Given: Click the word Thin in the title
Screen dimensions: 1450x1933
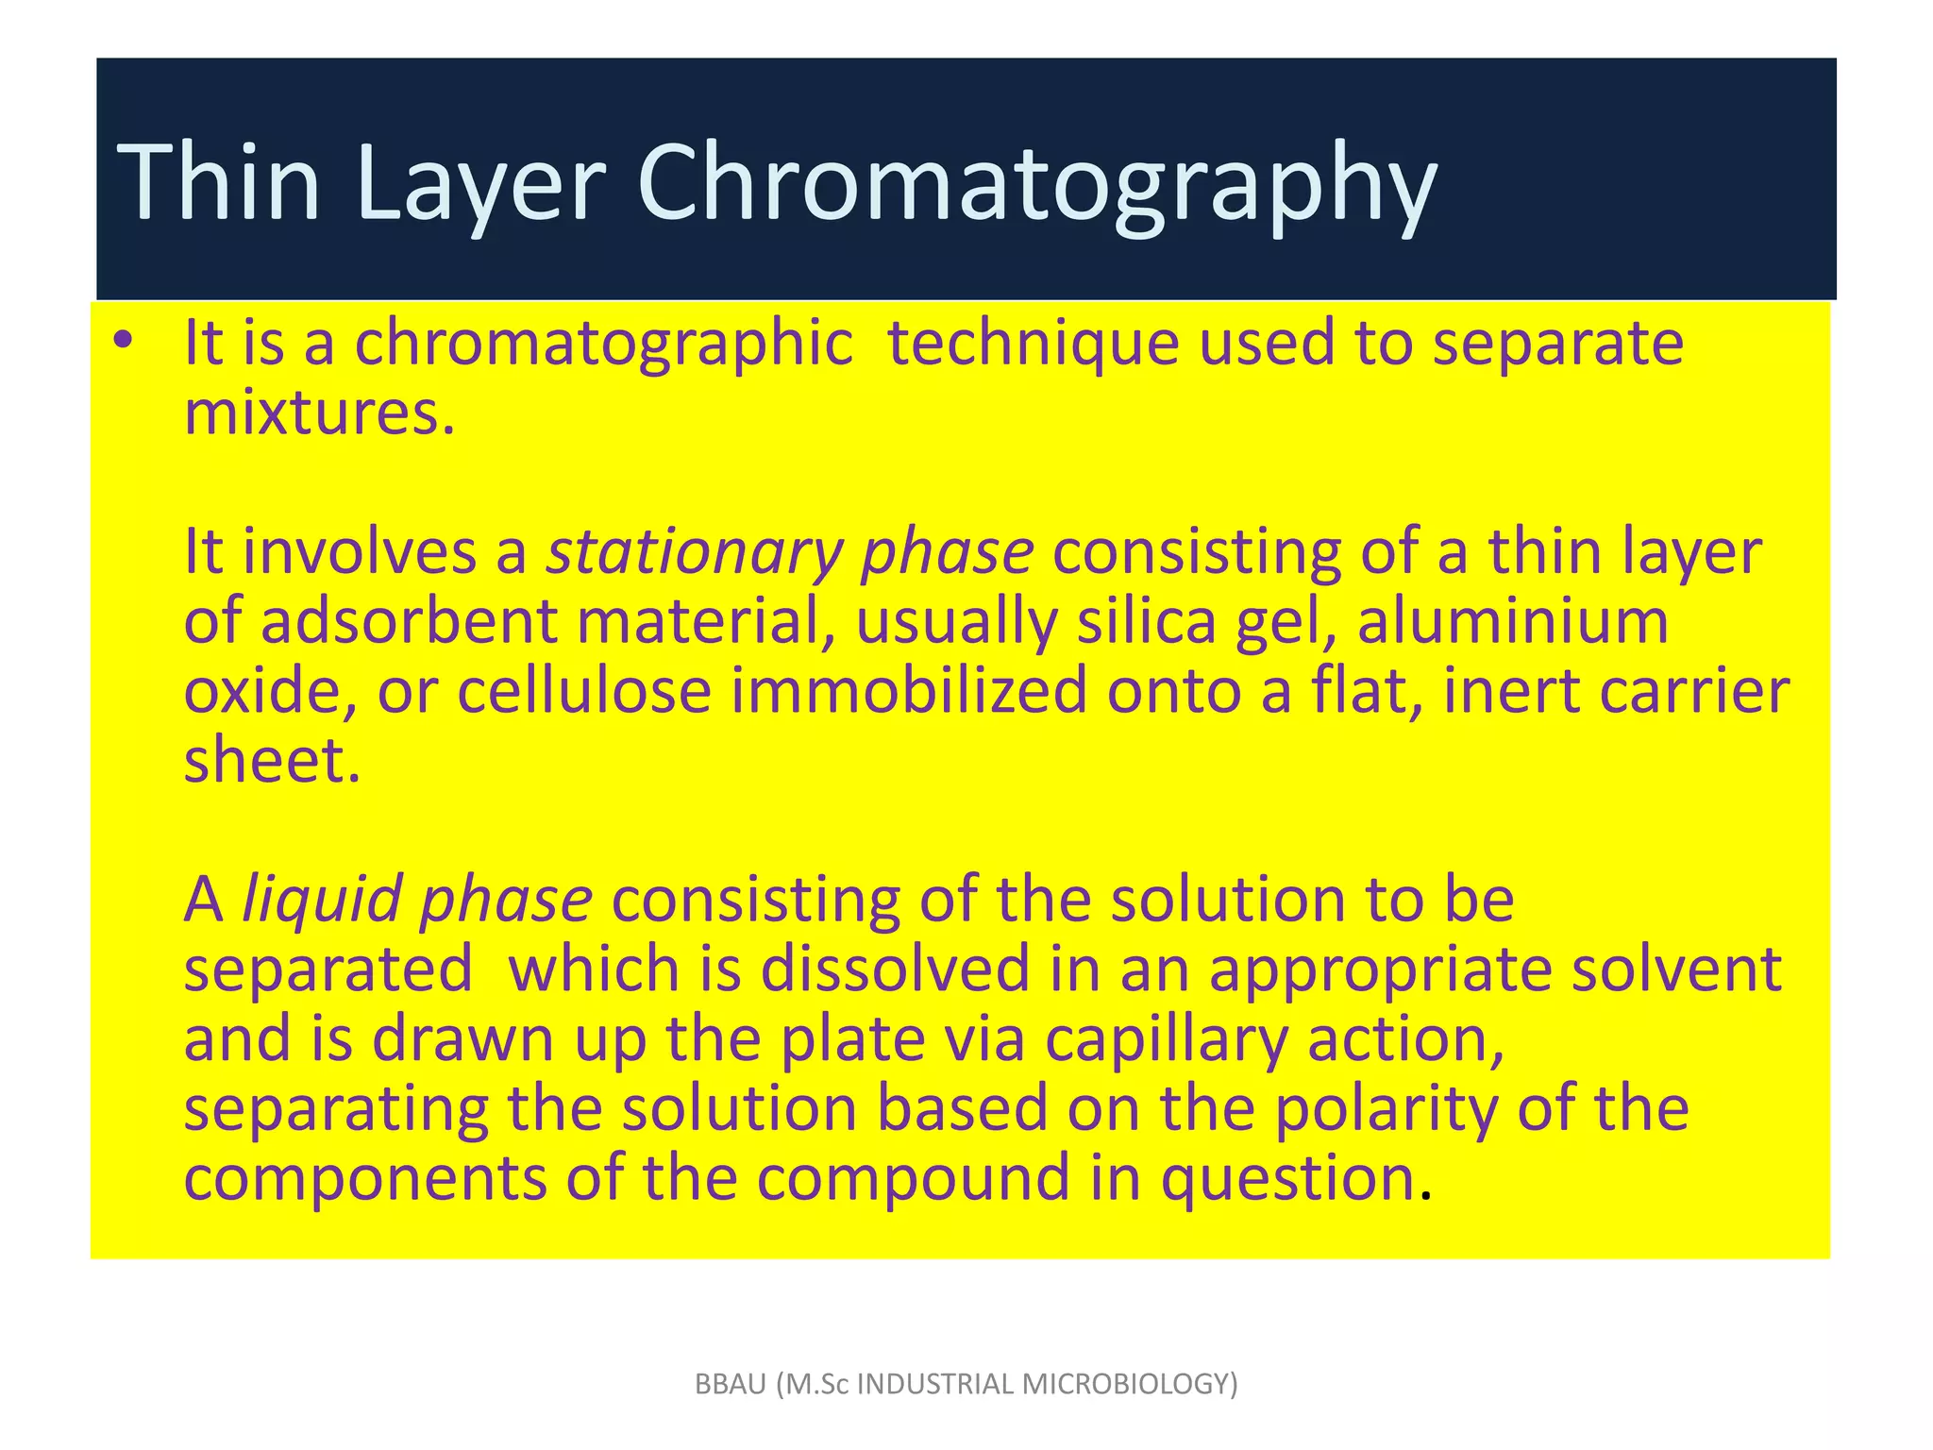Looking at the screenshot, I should [219, 181].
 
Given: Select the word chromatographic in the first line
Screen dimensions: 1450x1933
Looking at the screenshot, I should [603, 345].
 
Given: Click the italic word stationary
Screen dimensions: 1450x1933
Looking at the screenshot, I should [693, 553].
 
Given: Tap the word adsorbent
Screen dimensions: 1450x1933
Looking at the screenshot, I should [409, 623].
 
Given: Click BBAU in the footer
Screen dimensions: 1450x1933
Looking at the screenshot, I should [731, 1384].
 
